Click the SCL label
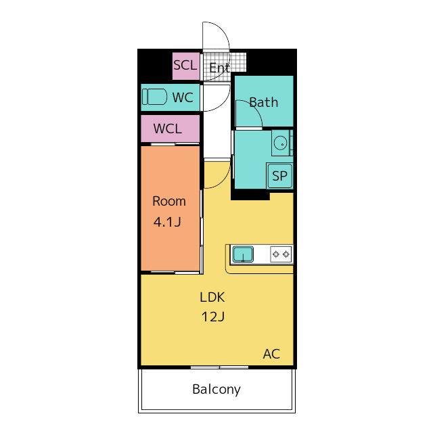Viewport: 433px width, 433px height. click(x=185, y=66)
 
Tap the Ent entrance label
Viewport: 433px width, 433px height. click(x=219, y=68)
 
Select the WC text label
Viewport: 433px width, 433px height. click(x=183, y=97)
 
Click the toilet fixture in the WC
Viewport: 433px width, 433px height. click(x=155, y=97)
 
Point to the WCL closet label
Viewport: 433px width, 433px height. click(x=167, y=129)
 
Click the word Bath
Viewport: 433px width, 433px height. click(x=263, y=103)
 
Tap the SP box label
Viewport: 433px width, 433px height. click(x=279, y=177)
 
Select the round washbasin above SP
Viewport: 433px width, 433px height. click(x=280, y=142)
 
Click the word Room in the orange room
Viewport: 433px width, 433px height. click(x=168, y=201)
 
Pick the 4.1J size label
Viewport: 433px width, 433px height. click(x=168, y=221)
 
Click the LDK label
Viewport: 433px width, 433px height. click(x=212, y=296)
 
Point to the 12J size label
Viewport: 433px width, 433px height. click(x=212, y=317)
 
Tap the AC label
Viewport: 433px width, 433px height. click(x=271, y=354)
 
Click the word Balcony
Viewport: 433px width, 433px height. click(x=216, y=389)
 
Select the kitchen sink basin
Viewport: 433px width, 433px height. click(x=243, y=254)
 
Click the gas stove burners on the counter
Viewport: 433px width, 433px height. click(x=281, y=254)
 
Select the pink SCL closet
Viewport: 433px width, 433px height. click(x=185, y=66)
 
